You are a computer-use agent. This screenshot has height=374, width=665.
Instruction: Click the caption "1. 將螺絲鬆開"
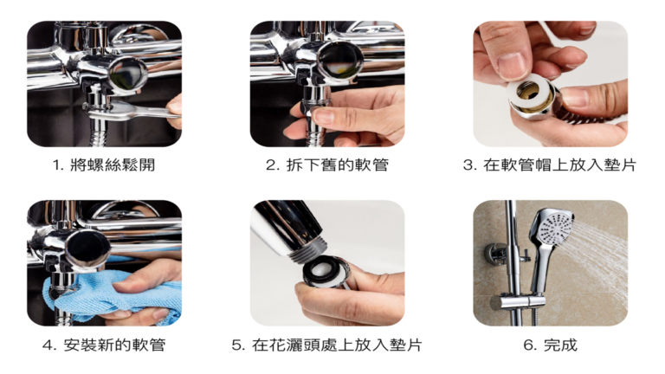click(104, 165)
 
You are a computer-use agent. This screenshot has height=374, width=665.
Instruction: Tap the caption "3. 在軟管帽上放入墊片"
click(550, 165)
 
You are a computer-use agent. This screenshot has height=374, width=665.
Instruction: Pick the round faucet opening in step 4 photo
click(87, 246)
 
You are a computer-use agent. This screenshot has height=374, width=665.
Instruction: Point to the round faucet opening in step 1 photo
click(126, 71)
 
